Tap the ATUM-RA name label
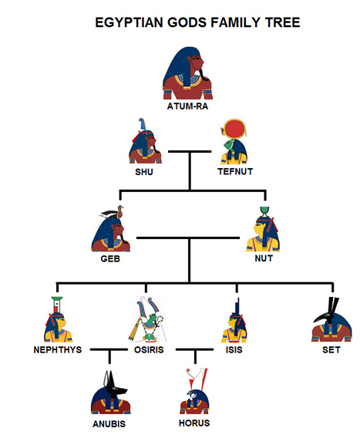point(187,106)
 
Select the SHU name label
point(144,172)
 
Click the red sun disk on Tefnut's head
point(234,130)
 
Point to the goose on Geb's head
point(116,212)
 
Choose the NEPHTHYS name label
point(58,349)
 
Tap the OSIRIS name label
point(149,349)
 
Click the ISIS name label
point(234,349)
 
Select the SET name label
point(331,349)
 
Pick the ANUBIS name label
point(109,424)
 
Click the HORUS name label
point(194,423)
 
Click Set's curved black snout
point(319,317)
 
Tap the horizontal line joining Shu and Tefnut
point(190,151)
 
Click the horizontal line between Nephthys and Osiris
point(109,349)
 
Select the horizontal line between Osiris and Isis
point(195,349)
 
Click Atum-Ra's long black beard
point(204,74)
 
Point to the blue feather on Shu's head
point(143,124)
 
